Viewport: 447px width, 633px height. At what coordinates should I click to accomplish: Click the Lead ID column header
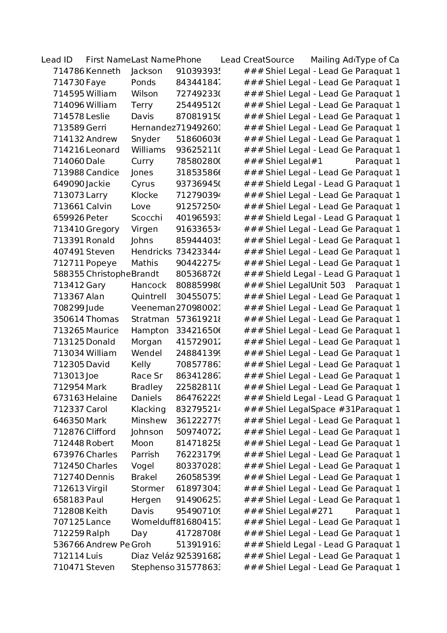click(x=57, y=60)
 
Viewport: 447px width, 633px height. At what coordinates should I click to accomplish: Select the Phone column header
click(x=188, y=60)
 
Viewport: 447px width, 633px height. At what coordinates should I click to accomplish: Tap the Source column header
click(x=280, y=60)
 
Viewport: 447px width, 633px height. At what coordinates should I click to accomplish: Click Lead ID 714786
click(x=69, y=71)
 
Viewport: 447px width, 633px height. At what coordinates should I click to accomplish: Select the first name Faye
click(x=96, y=83)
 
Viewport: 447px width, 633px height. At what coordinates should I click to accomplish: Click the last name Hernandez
click(x=153, y=128)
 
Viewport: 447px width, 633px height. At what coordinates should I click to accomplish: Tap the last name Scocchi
click(x=147, y=218)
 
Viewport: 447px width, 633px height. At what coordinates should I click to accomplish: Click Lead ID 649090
click(x=69, y=184)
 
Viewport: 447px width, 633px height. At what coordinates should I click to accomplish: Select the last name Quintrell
click(x=149, y=297)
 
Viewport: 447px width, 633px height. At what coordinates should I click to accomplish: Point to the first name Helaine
click(x=101, y=398)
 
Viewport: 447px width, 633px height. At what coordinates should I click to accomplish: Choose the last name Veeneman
click(x=153, y=308)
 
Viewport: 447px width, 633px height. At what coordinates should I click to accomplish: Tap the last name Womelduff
click(x=153, y=522)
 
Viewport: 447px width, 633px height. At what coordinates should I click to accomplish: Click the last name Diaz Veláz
click(x=152, y=556)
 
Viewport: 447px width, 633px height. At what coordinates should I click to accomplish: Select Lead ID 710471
click(x=69, y=568)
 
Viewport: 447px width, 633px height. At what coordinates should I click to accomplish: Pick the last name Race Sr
click(x=147, y=376)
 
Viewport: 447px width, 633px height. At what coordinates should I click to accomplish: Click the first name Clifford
click(x=101, y=432)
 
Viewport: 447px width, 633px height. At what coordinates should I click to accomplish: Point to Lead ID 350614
click(x=69, y=319)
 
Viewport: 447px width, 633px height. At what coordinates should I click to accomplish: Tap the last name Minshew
click(x=149, y=421)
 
